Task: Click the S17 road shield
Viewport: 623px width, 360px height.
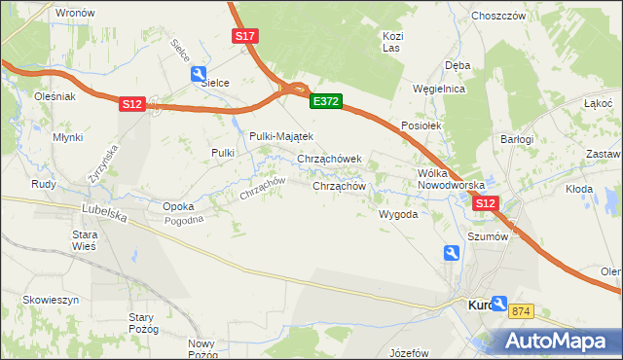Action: pos(245,36)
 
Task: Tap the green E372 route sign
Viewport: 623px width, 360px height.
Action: pos(325,100)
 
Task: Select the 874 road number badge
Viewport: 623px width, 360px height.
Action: pos(522,310)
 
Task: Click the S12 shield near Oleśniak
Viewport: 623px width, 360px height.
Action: pos(133,104)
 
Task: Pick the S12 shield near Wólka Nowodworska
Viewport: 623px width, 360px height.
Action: pos(486,203)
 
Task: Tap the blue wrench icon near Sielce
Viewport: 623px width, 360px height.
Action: pos(199,73)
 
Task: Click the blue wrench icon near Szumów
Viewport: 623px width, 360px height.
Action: pos(452,253)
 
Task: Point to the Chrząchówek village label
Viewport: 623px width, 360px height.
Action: pos(329,159)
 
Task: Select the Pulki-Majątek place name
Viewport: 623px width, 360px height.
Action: pos(280,136)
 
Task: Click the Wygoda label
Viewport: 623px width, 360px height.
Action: pos(398,214)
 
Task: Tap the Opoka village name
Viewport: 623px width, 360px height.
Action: pos(178,206)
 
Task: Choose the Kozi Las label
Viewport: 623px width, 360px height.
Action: pos(392,41)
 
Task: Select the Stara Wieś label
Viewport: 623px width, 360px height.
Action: pos(86,240)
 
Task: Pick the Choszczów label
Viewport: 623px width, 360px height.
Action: pos(498,17)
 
